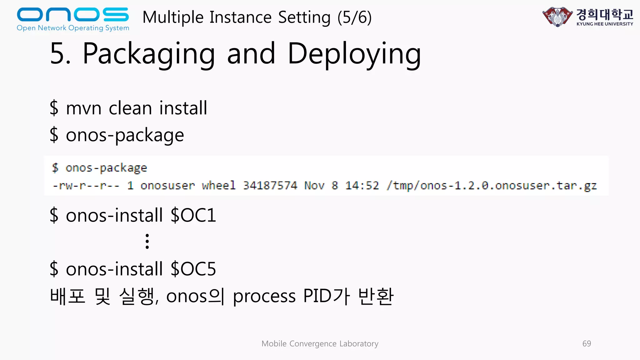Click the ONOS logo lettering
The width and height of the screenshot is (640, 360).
click(x=72, y=15)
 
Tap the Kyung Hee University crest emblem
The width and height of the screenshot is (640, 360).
click(x=557, y=17)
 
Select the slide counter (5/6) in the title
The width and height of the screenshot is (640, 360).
click(x=354, y=17)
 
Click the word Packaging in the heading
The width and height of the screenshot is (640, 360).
click(x=149, y=54)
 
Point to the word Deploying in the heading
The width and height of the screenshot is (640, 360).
click(x=354, y=54)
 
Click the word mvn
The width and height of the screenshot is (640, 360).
click(x=83, y=108)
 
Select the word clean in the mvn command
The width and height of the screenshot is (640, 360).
click(x=130, y=108)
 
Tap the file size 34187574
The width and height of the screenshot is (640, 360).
click(x=270, y=186)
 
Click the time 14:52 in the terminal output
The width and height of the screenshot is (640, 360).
click(x=362, y=186)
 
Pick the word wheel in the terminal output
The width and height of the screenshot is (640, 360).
click(x=219, y=186)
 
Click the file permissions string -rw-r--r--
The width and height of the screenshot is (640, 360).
click(x=86, y=186)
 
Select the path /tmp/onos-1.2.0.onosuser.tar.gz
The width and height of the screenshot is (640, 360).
click(x=492, y=186)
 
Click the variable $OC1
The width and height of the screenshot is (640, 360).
click(x=193, y=215)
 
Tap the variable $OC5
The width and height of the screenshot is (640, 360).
click(x=193, y=269)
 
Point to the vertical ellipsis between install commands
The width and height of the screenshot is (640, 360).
click(x=147, y=241)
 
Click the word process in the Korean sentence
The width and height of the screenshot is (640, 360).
click(x=264, y=296)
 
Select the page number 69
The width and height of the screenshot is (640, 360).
click(x=587, y=343)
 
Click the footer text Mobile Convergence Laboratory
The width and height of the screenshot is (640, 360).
click(x=320, y=343)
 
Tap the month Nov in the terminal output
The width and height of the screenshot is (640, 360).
click(x=314, y=186)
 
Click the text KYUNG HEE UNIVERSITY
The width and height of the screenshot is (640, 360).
click(x=605, y=24)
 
